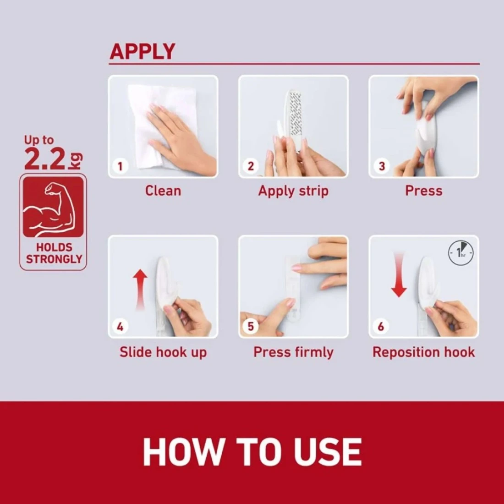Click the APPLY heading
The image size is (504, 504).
pyautogui.click(x=142, y=51)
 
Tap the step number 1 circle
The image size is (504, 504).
pyautogui.click(x=120, y=166)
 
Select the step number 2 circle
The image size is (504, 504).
pyautogui.click(x=251, y=166)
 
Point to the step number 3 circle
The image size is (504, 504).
pyautogui.click(x=382, y=166)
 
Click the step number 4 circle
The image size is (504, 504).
pyautogui.click(x=120, y=327)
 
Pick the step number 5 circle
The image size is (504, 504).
pyautogui.click(x=251, y=327)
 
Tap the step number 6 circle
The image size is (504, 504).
pyautogui.click(x=381, y=327)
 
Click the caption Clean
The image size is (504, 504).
pyautogui.click(x=163, y=191)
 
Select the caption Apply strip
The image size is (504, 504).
pyautogui.click(x=293, y=191)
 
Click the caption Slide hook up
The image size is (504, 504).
pyautogui.click(x=163, y=352)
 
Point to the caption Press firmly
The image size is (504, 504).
pyautogui.click(x=293, y=352)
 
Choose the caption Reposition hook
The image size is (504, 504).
pyautogui.click(x=424, y=352)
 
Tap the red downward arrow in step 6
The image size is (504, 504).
pyautogui.click(x=399, y=275)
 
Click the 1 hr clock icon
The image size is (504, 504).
pyautogui.click(x=461, y=253)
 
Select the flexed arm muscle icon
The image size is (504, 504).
pyautogui.click(x=53, y=207)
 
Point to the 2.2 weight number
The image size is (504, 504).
pyautogui.click(x=45, y=159)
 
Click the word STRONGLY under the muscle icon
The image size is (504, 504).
pyautogui.click(x=54, y=259)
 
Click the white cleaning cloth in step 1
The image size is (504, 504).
pyautogui.click(x=161, y=126)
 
